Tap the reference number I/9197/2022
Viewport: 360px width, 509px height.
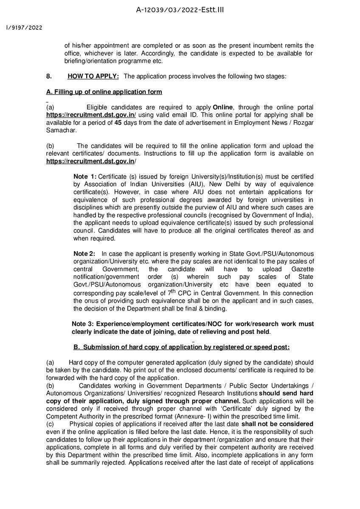[x=24, y=28]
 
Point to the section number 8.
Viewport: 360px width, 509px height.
[x=49, y=76]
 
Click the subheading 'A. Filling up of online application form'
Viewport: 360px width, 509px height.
[x=104, y=92]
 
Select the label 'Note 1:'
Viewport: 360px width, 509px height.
[x=85, y=176]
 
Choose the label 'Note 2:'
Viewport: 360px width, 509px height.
[x=84, y=253]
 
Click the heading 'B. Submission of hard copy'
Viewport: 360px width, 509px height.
[x=181, y=347]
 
